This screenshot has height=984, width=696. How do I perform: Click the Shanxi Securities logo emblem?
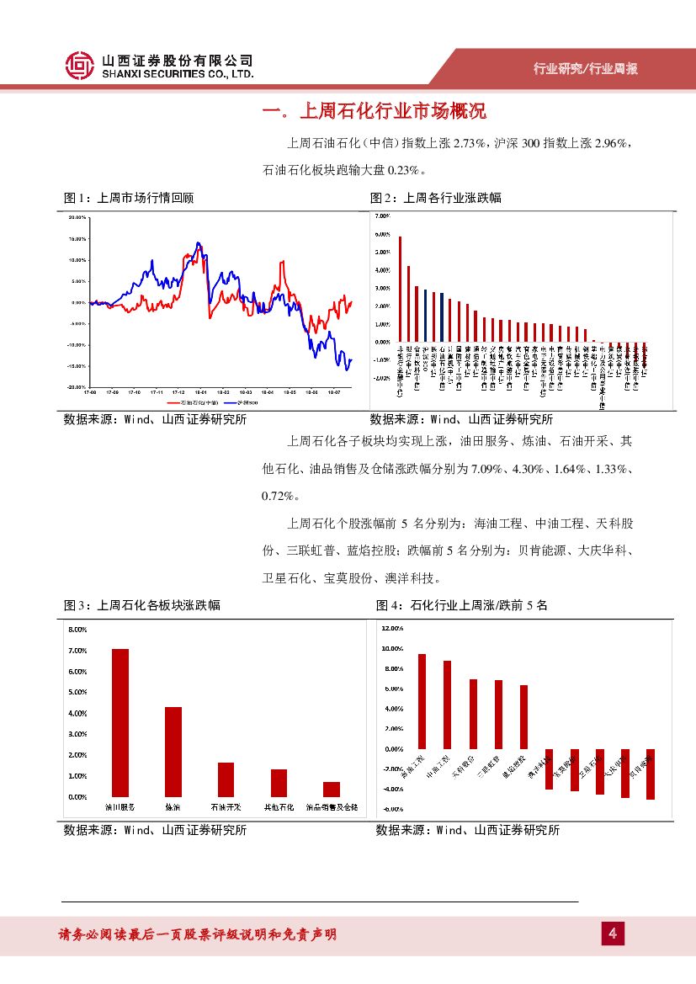coord(80,66)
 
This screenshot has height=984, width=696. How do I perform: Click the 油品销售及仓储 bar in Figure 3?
coord(332,789)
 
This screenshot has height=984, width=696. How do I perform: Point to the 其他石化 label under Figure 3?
coord(279,807)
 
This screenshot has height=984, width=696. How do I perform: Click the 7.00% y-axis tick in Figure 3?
coord(77,651)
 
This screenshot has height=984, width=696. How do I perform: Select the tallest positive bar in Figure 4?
coord(422,701)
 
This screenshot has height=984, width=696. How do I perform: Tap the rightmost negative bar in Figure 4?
coord(650,774)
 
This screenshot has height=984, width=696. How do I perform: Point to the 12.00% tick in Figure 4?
coord(393,628)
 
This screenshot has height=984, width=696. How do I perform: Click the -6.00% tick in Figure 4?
coord(393,809)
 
